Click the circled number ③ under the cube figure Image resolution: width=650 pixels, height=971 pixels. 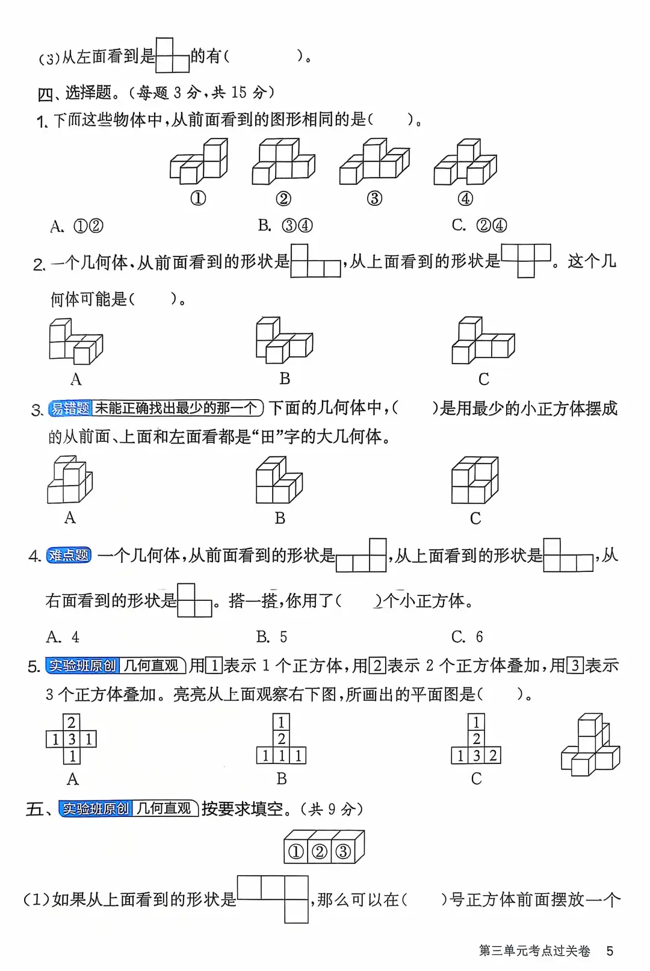pyautogui.click(x=374, y=198)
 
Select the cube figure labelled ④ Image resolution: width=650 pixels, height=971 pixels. pyautogui.click(x=465, y=162)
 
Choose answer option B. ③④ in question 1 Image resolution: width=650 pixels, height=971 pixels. pyautogui.click(x=285, y=225)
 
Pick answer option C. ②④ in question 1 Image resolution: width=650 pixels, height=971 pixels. pyautogui.click(x=479, y=225)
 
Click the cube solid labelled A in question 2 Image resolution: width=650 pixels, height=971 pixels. pyautogui.click(x=75, y=341)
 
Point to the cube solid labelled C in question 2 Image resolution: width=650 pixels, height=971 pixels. pyautogui.click(x=483, y=341)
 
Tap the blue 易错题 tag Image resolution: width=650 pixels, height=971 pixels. pyautogui.click(x=70, y=408)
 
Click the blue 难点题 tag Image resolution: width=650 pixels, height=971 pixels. pyautogui.click(x=69, y=555)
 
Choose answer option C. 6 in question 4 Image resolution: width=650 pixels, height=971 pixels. pyautogui.click(x=467, y=636)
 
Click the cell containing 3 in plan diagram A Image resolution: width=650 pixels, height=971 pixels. pyautogui.click(x=72, y=739)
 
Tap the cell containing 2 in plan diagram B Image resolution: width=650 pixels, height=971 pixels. pyautogui.click(x=281, y=739)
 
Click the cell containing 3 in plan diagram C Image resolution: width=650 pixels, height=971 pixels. pyautogui.click(x=476, y=755)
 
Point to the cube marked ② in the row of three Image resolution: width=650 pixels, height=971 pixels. pyautogui.click(x=320, y=851)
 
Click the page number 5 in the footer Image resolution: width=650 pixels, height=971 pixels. pyautogui.click(x=610, y=951)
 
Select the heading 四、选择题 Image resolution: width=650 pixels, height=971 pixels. pyautogui.click(x=75, y=93)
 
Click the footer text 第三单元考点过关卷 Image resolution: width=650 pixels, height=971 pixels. pyautogui.click(x=534, y=951)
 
